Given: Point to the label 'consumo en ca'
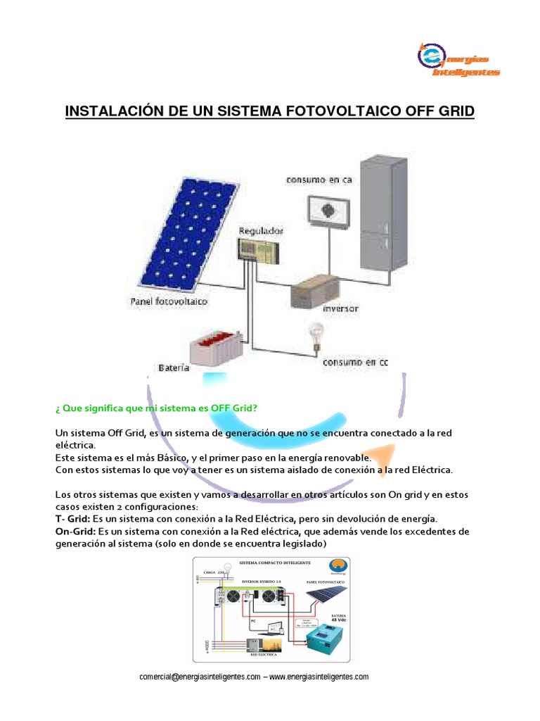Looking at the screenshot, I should tap(319, 180).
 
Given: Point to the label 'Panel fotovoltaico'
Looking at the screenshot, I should tap(169, 301).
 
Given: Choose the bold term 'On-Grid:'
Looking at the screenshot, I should tap(75, 530).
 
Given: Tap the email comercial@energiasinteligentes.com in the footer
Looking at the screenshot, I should tap(200, 677).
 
